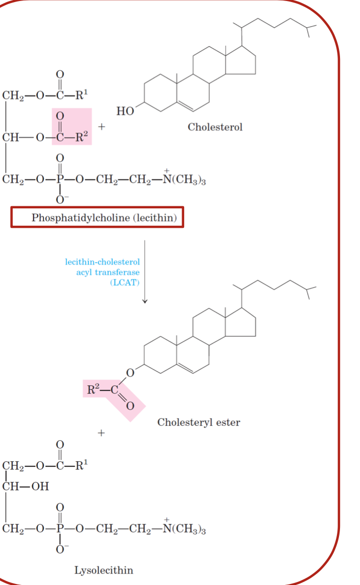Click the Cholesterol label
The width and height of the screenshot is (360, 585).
point(215,127)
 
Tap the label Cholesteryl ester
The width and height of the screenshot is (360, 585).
point(198,422)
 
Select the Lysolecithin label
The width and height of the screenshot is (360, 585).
point(104,570)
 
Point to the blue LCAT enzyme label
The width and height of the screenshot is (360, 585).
point(103,272)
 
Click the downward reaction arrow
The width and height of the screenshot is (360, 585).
point(145,272)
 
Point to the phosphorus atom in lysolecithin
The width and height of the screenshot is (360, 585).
point(61,529)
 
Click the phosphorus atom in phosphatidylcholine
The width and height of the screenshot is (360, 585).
point(61,180)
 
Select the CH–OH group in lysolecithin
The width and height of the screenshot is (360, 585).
point(26,486)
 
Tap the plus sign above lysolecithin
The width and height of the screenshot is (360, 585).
point(101,434)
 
